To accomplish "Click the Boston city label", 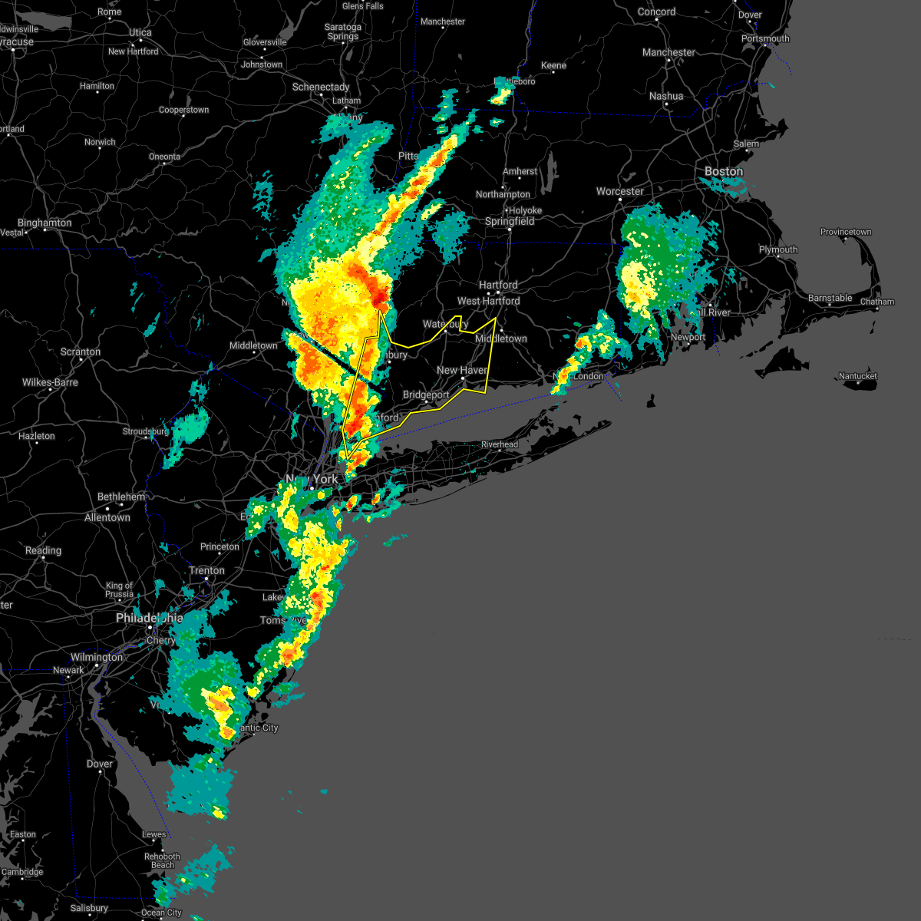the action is pyautogui.click(x=724, y=171).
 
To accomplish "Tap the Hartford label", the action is pyautogui.click(x=498, y=285).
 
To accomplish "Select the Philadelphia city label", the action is pyautogui.click(x=150, y=618).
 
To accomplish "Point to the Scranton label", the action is pyautogui.click(x=81, y=352).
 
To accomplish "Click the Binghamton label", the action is pyautogui.click(x=45, y=223).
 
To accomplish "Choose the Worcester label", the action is pyautogui.click(x=620, y=191).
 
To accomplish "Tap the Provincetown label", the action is pyautogui.click(x=846, y=232).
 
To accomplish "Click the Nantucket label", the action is pyautogui.click(x=858, y=376).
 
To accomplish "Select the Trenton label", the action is pyautogui.click(x=207, y=570).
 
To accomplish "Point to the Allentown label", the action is pyautogui.click(x=107, y=517).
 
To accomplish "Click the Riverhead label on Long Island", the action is pyautogui.click(x=500, y=444).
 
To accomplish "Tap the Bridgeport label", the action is pyautogui.click(x=426, y=394).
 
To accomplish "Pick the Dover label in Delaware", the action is pyautogui.click(x=100, y=764).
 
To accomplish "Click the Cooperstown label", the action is pyautogui.click(x=183, y=110).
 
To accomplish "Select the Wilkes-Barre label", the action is pyautogui.click(x=51, y=382).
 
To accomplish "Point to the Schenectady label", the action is pyautogui.click(x=321, y=87).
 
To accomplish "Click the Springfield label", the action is pyautogui.click(x=510, y=221).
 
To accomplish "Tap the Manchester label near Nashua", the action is pyautogui.click(x=668, y=52).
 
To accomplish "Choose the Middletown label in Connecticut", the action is pyautogui.click(x=501, y=338).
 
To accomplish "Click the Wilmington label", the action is pyautogui.click(x=97, y=657).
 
